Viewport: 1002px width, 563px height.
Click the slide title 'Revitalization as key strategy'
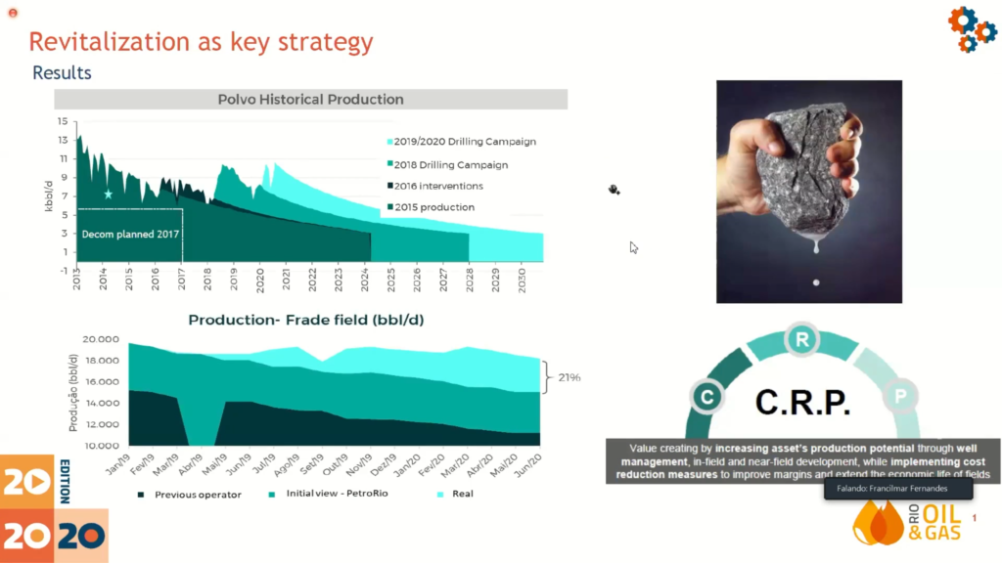tap(201, 41)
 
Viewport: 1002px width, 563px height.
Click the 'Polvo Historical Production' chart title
tap(310, 99)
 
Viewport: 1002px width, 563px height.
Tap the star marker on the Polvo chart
tap(109, 195)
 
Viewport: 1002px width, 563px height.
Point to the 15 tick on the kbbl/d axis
tap(63, 121)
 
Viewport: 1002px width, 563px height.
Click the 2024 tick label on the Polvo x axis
tap(364, 280)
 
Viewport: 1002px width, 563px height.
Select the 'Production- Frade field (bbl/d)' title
tap(306, 320)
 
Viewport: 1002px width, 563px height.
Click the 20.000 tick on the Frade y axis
tap(102, 339)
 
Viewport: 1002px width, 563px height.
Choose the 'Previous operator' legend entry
tap(197, 495)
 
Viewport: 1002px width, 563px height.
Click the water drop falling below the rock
tap(816, 283)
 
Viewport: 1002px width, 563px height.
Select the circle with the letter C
tap(706, 396)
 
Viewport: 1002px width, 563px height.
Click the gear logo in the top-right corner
tap(971, 28)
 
